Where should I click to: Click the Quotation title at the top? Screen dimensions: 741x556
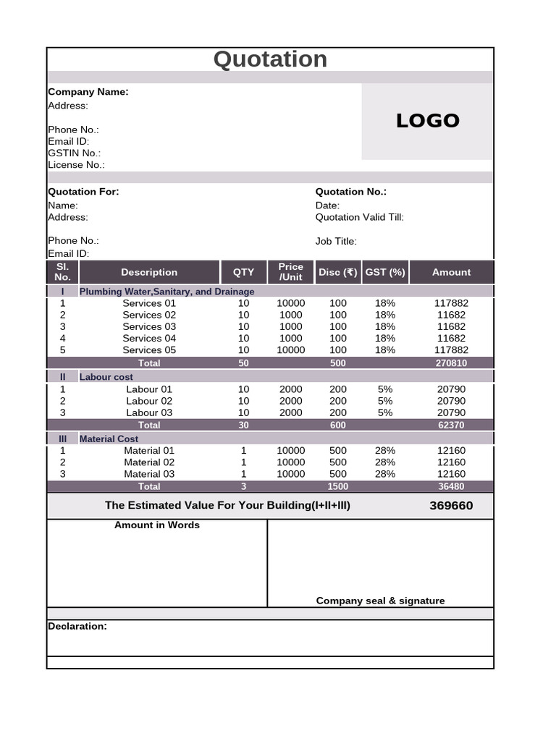(270, 59)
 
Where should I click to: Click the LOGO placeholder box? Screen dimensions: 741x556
(427, 121)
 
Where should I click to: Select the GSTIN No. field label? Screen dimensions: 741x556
(74, 153)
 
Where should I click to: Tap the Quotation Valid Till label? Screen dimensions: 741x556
(359, 217)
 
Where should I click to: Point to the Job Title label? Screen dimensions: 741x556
(336, 241)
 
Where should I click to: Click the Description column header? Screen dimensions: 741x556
(149, 272)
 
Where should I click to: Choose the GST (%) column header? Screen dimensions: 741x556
(385, 272)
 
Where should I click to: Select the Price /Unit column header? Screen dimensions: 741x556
(290, 272)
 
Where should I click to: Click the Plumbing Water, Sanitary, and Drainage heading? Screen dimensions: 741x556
(167, 292)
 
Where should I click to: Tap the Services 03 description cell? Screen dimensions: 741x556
(149, 326)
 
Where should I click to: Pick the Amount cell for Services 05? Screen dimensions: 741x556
(451, 350)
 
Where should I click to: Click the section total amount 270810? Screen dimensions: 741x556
(451, 363)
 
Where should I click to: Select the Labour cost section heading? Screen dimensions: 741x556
(106, 377)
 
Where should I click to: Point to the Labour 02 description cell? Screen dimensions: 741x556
(149, 401)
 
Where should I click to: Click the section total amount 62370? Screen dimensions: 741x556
(451, 425)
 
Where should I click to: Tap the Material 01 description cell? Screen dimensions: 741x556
(149, 450)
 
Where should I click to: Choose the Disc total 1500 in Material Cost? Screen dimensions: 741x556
(337, 487)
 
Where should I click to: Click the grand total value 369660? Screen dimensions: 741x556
(451, 506)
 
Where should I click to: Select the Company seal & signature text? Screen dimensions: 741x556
(380, 601)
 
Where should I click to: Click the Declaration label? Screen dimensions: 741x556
(77, 626)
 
